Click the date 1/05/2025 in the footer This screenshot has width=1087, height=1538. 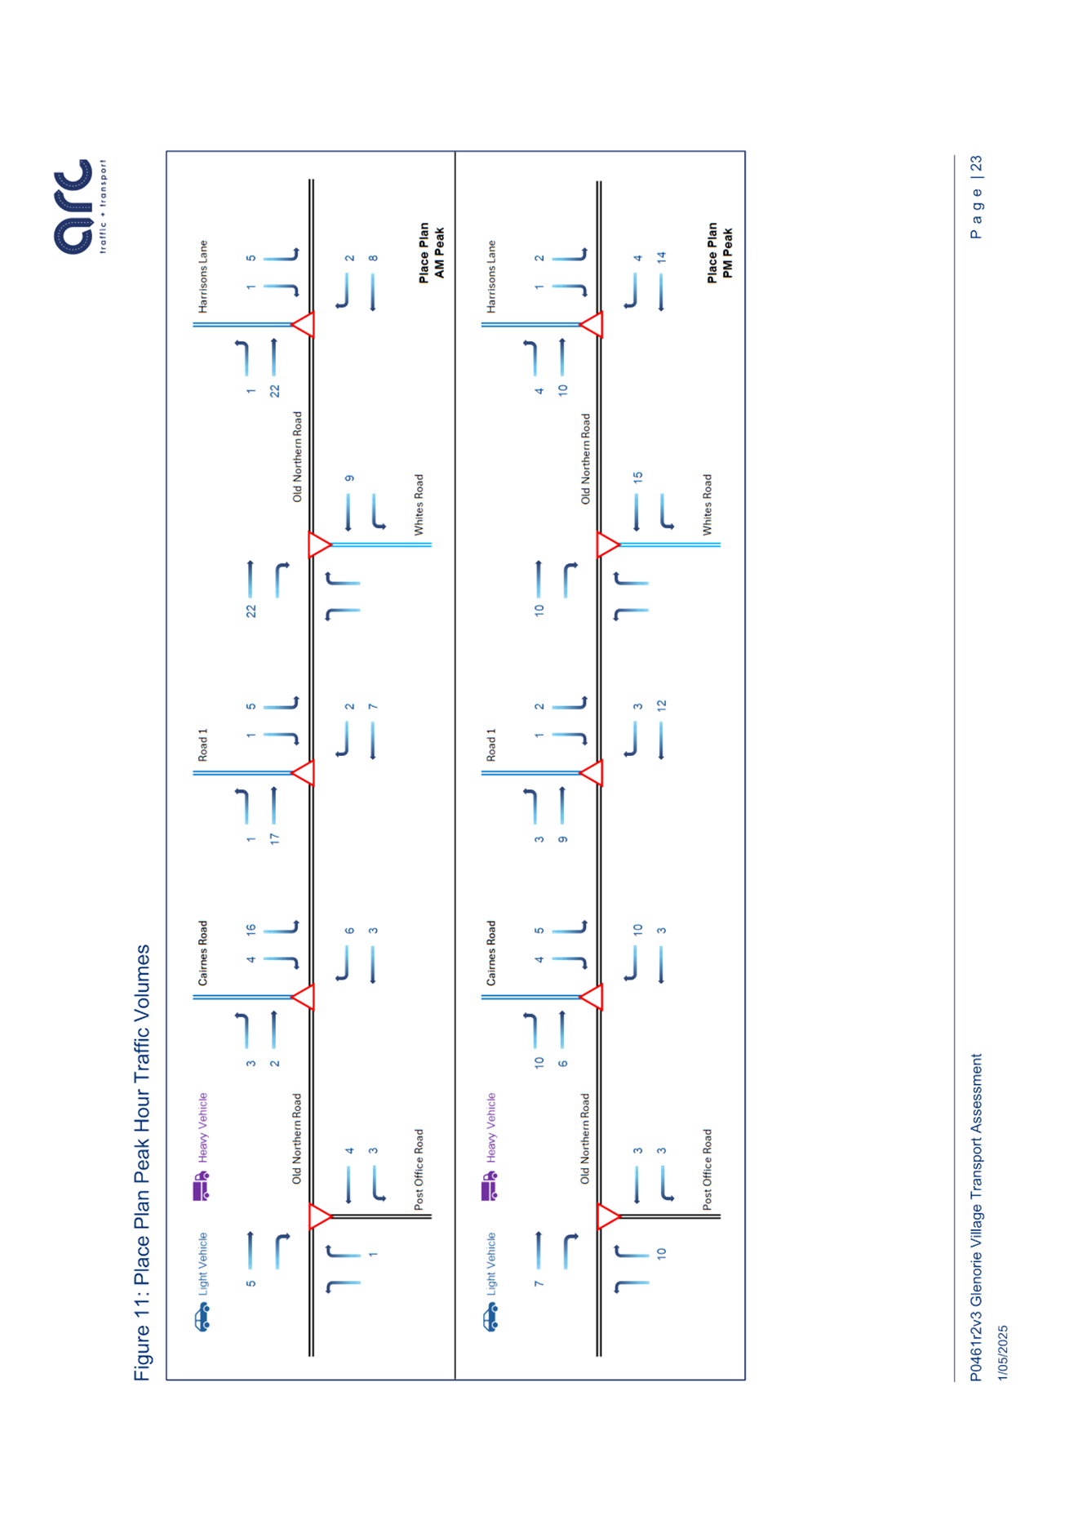click(x=1002, y=1353)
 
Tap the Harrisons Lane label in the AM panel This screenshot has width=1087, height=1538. click(x=203, y=277)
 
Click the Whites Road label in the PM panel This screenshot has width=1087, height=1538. click(x=707, y=505)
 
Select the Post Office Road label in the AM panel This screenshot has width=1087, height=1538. click(x=419, y=1169)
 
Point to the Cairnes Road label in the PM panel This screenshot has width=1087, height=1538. click(x=491, y=953)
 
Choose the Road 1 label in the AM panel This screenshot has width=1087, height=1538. click(x=203, y=745)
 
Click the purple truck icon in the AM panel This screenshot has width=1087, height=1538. click(x=201, y=1186)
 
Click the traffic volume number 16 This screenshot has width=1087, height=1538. click(x=251, y=929)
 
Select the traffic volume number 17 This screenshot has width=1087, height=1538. click(x=275, y=838)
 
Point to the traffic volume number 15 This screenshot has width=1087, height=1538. click(x=638, y=477)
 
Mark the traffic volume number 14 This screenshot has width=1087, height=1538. click(x=662, y=257)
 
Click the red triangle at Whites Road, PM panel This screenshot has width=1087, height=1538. click(x=607, y=545)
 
